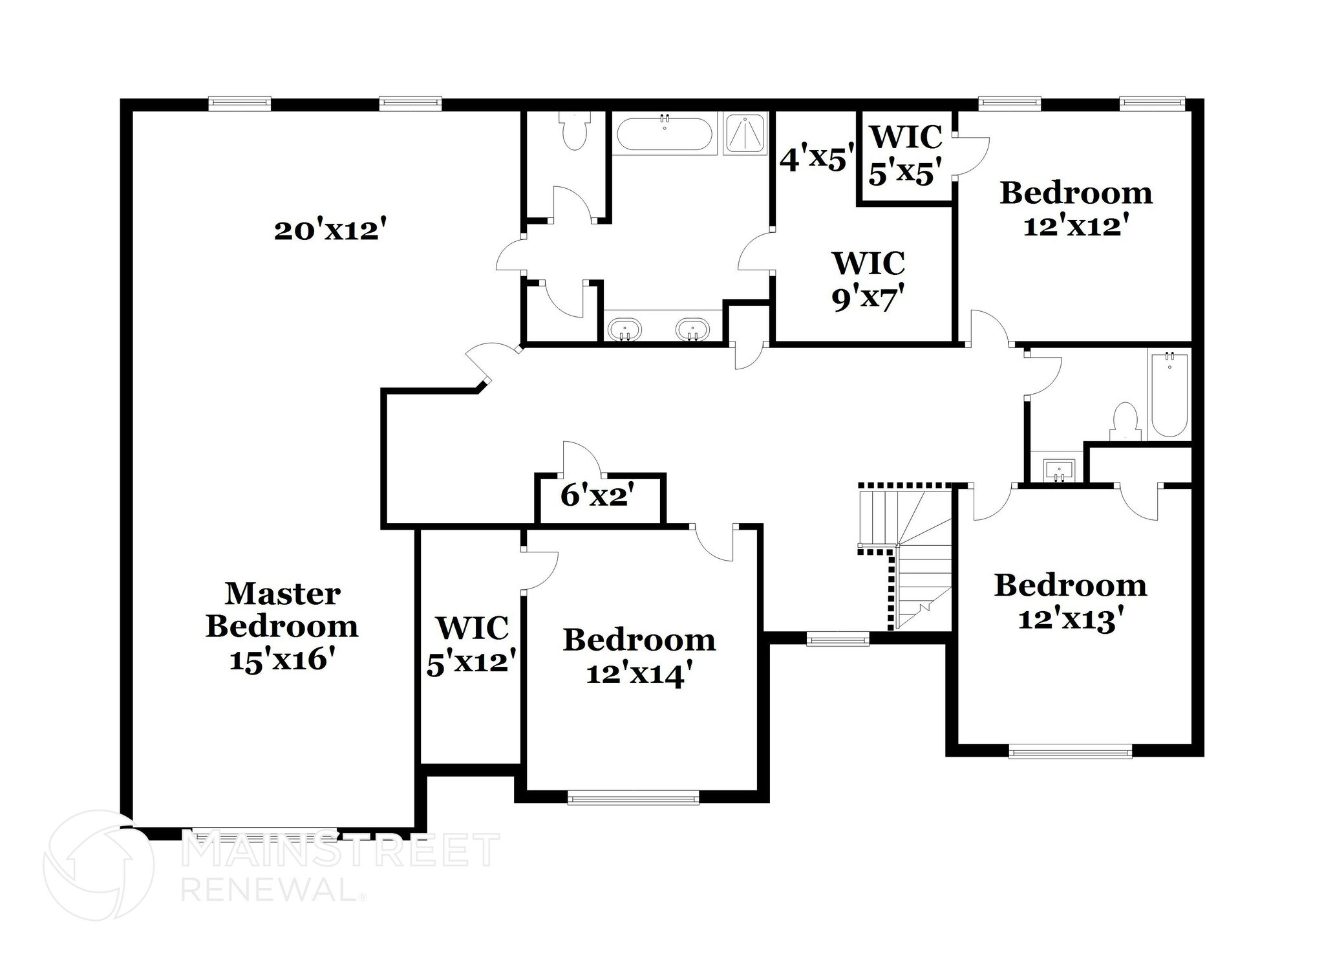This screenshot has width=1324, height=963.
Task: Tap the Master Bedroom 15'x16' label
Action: tap(282, 626)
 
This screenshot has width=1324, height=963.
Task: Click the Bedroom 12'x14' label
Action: tap(639, 656)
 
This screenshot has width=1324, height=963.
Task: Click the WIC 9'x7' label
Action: tap(868, 281)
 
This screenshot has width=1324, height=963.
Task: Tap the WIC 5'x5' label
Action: tap(904, 155)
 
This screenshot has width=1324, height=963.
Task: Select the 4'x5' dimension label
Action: tap(817, 158)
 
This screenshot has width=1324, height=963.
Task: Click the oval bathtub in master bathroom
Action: tap(664, 134)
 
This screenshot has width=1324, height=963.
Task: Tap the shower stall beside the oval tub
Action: tap(745, 133)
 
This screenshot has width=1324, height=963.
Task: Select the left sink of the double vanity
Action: tap(625, 329)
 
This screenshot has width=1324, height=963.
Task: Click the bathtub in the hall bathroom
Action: tap(1169, 394)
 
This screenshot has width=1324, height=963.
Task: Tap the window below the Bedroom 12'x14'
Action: tap(633, 797)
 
